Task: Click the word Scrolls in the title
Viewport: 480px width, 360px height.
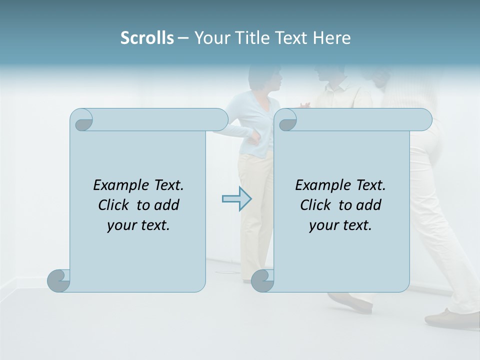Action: click(147, 38)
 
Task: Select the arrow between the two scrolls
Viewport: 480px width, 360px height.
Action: click(236, 199)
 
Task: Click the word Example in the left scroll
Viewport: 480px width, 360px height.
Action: click(116, 185)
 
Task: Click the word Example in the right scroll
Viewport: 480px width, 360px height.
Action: click(318, 185)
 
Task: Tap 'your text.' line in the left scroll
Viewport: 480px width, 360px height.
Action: click(138, 225)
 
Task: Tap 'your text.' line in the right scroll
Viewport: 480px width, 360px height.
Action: click(340, 225)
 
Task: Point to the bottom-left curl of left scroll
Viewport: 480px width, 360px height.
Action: click(59, 280)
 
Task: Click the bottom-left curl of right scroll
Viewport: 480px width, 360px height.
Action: click(262, 280)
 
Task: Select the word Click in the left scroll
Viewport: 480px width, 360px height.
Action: click(115, 205)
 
